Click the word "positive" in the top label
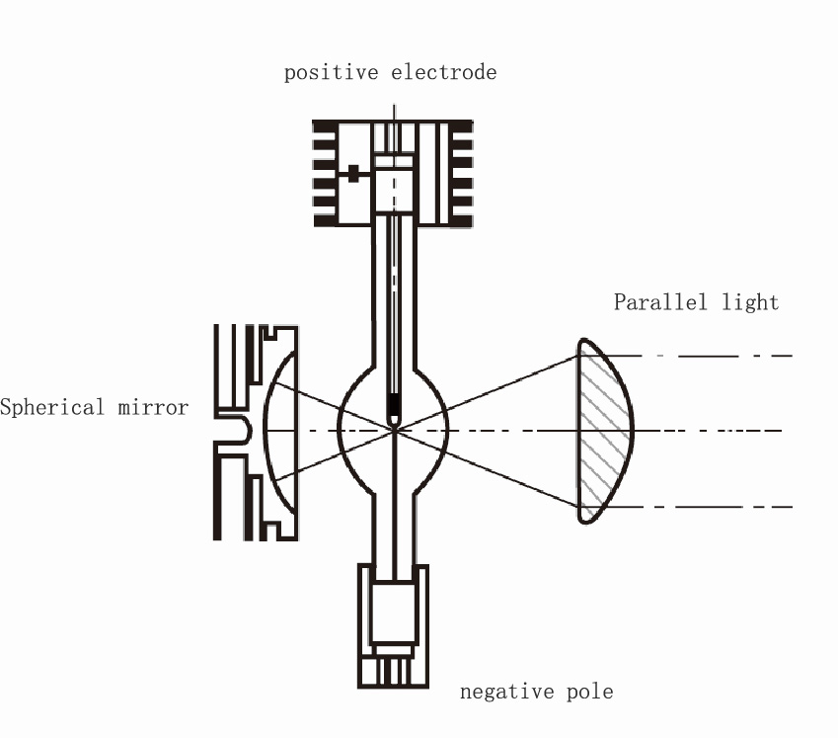331,73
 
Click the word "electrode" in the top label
443,72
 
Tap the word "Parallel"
660,302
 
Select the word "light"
750,303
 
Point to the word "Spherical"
52,407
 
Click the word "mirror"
153,407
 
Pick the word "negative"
506,692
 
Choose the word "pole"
589,692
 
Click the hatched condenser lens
604,431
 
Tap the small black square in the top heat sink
353,173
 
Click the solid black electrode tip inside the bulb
394,407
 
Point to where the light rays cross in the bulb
394,430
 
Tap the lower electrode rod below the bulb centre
394,506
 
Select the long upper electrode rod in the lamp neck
394,305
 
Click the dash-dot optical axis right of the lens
708,430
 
